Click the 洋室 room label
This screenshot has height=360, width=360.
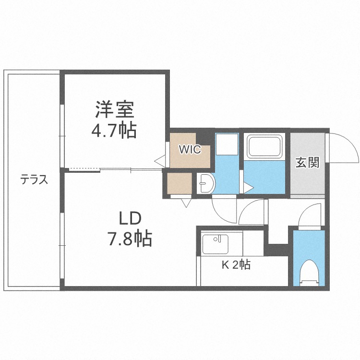tap(114, 110)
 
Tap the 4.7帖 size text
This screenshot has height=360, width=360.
tap(114, 130)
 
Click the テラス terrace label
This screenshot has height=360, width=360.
tap(33, 180)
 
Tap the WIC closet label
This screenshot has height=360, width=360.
tap(190, 149)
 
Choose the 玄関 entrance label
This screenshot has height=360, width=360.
tap(307, 163)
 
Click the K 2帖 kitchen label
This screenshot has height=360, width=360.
tap(235, 264)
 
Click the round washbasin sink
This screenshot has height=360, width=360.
tap(207, 183)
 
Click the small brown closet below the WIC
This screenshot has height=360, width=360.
tap(180, 183)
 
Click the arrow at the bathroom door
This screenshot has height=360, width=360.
tap(248, 188)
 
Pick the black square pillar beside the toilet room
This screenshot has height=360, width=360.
tap(277, 250)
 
